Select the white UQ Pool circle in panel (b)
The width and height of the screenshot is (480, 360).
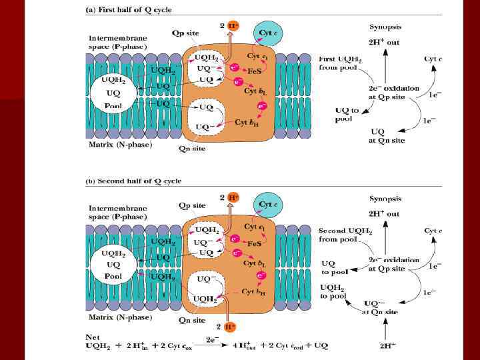click(x=111, y=265)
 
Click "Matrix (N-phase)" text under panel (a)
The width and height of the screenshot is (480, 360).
click(x=121, y=144)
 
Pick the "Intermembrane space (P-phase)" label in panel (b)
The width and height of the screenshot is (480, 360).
click(x=117, y=213)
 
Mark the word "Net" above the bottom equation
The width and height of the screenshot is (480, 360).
click(x=95, y=337)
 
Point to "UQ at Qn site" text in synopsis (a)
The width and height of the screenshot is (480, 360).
click(x=387, y=136)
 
